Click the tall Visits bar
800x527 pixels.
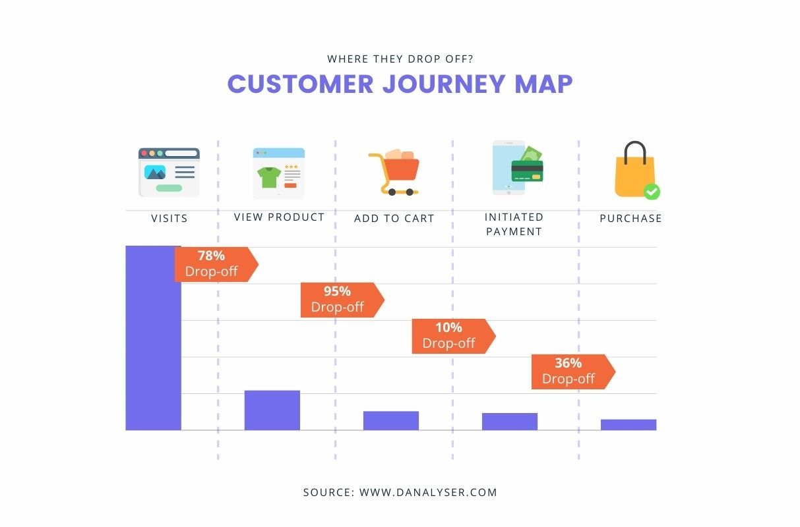tap(153, 338)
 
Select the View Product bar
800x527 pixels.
tap(272, 410)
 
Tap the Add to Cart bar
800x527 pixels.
tap(390, 420)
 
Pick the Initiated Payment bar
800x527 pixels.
tap(509, 421)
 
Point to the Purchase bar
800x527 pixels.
tap(628, 424)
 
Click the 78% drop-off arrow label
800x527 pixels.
tap(213, 264)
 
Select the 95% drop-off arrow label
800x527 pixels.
tap(339, 300)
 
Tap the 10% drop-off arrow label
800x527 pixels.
tap(450, 336)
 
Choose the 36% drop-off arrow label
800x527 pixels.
tap(570, 372)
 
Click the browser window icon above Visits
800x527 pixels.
tap(169, 173)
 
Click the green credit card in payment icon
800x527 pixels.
tap(527, 171)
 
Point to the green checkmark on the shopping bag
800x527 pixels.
tap(652, 192)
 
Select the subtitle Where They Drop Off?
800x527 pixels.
tap(400, 59)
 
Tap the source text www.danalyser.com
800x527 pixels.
tap(428, 492)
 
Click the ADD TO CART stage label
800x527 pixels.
tap(394, 218)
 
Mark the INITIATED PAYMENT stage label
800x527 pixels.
tap(514, 224)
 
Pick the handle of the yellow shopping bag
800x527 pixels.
tap(634, 151)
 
